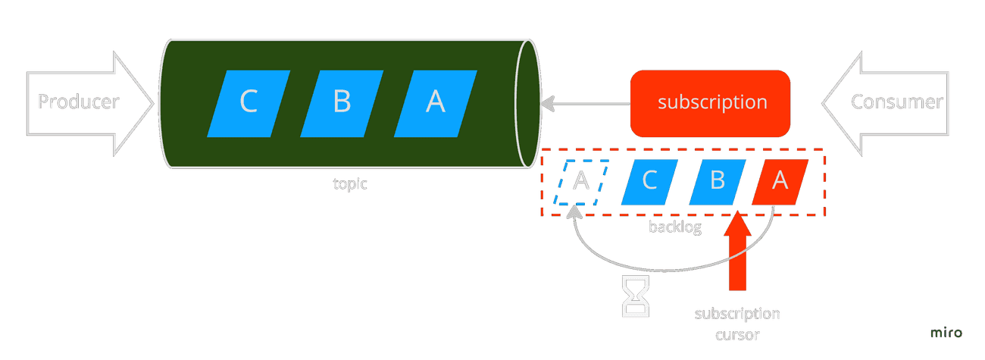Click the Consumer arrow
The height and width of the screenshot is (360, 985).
coord(885,103)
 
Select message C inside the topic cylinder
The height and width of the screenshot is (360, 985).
coord(249,103)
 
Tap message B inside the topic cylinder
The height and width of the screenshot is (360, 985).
coord(342,103)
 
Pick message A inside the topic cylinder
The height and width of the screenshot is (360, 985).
coord(436,103)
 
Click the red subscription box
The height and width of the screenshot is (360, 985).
coord(710,103)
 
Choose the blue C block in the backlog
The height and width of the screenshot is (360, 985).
coord(649,182)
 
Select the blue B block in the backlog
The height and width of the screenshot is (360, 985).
coord(718,182)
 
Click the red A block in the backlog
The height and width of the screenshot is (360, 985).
coord(780,182)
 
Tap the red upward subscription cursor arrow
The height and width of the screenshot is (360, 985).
coord(737,251)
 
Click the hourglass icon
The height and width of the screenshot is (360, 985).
coord(636,296)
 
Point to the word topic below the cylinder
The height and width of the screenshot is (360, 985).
coord(349,183)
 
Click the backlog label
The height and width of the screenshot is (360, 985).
coord(675,227)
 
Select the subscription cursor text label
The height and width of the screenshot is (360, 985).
coord(737,324)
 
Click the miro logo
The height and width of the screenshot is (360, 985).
coord(946,332)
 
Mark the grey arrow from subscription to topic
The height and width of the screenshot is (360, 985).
coord(585,104)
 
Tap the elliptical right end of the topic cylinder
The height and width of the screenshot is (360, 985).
coord(527,103)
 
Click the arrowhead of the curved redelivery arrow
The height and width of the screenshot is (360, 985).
coord(574,212)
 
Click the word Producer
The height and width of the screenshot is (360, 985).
coord(79,102)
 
